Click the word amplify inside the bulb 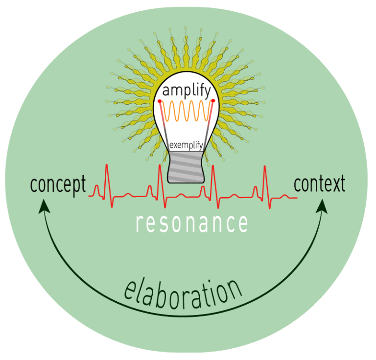click(x=187, y=91)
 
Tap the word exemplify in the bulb click(x=187, y=145)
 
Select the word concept click(x=58, y=185)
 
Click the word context click(x=319, y=183)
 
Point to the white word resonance click(x=191, y=223)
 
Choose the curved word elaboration click(x=183, y=294)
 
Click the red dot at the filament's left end click(x=160, y=101)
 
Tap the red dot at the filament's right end click(x=213, y=101)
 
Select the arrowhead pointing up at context click(x=322, y=206)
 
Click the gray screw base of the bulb click(x=186, y=167)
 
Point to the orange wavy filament click(x=187, y=111)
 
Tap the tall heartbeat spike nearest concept click(x=107, y=184)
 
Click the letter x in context click(x=333, y=185)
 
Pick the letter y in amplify click(x=207, y=93)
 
